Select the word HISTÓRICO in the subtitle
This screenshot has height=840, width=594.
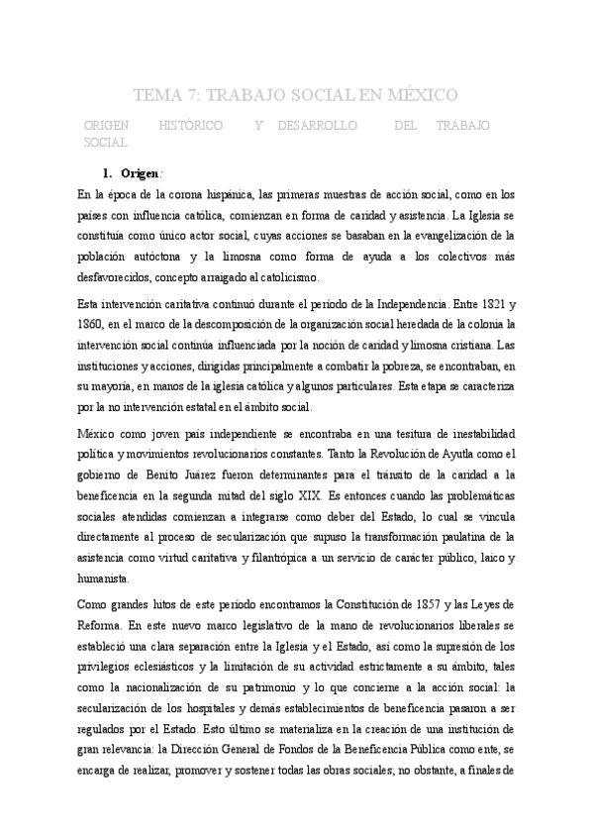(x=191, y=127)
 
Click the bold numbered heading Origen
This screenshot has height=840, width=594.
(x=139, y=174)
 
